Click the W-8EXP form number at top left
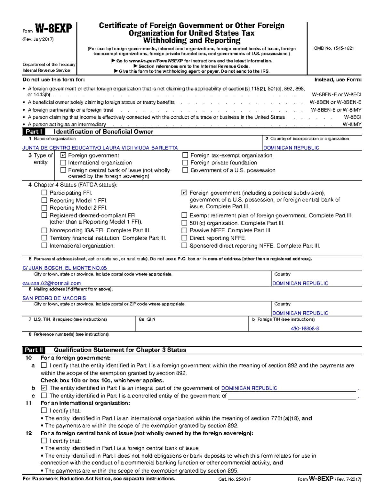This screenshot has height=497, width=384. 53,29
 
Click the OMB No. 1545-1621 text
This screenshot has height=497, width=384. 334,48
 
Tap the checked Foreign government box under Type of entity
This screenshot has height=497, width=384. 63,155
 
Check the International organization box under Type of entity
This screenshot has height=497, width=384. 63,163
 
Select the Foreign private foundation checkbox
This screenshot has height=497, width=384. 185,163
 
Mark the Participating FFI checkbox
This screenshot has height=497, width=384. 44,193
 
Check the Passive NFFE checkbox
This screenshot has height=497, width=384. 184,230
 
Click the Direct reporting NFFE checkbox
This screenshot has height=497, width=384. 184,238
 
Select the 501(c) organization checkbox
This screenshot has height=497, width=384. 184,223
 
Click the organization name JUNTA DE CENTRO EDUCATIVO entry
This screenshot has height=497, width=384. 100,148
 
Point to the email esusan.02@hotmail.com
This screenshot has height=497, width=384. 52,284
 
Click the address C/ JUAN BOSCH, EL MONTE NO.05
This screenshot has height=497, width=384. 65,268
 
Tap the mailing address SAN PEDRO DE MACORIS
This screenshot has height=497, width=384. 54,298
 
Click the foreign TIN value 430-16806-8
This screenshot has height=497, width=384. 305,329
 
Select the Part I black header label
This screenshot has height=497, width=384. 34,132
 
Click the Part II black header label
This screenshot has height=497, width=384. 34,350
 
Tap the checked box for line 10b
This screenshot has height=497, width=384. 44,388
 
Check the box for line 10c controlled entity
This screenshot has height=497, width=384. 44,396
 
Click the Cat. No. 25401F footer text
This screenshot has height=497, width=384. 234,479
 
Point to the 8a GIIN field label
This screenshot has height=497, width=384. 147,319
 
